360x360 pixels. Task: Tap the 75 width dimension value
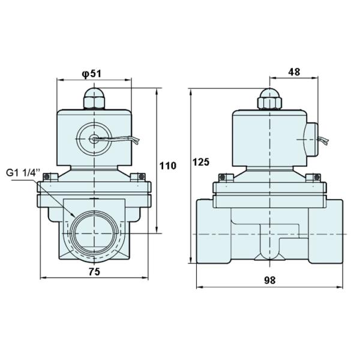[94, 271]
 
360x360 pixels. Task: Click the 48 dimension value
[294, 71]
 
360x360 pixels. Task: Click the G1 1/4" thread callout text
[23, 172]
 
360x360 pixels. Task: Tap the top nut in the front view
[94, 97]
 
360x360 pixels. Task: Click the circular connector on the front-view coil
[94, 139]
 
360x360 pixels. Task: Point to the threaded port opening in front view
[94, 233]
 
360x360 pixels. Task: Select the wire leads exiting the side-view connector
[325, 142]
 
